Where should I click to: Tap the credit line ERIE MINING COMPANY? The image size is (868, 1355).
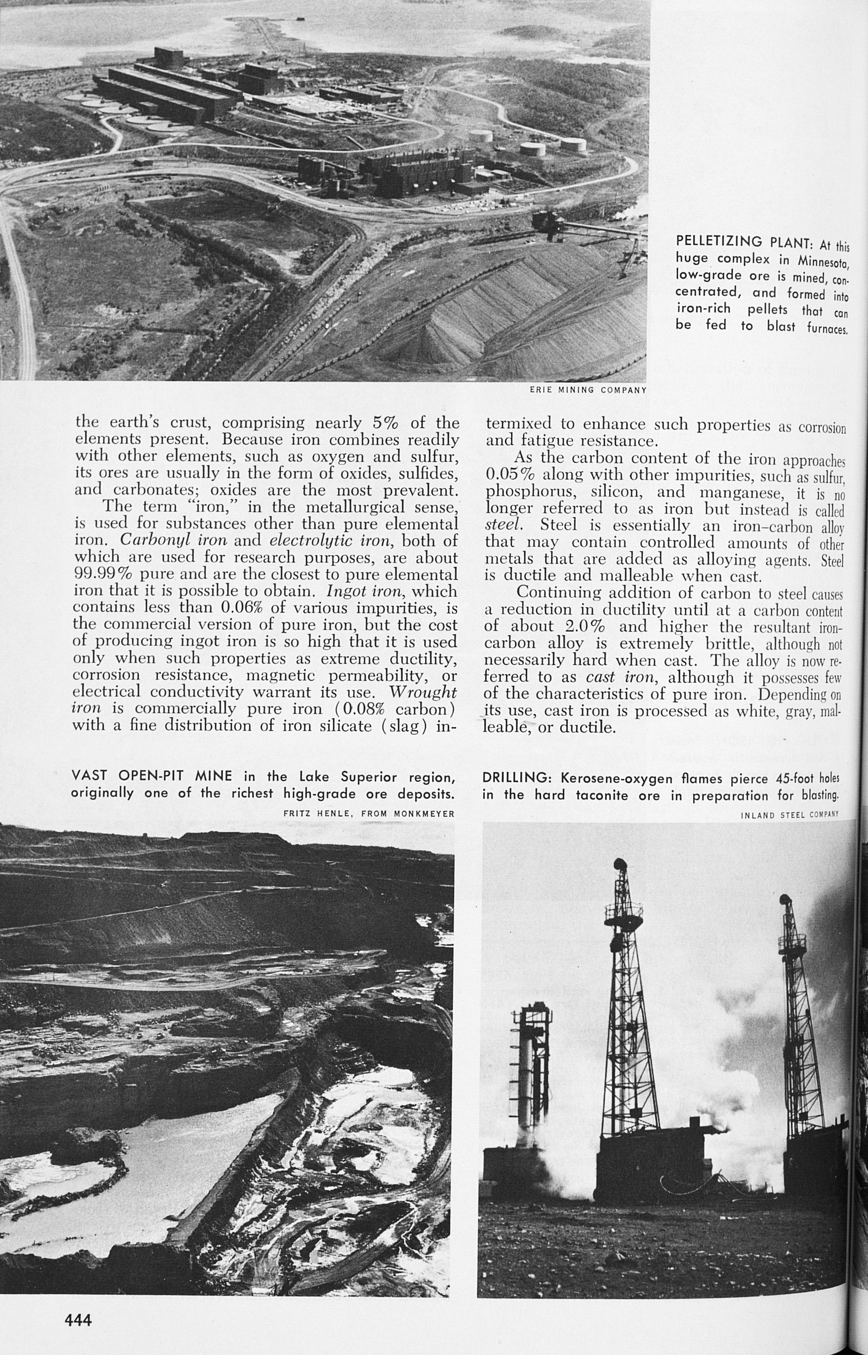tap(588, 390)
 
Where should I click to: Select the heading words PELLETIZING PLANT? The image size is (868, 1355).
tap(743, 241)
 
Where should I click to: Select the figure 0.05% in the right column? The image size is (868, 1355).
tap(510, 475)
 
